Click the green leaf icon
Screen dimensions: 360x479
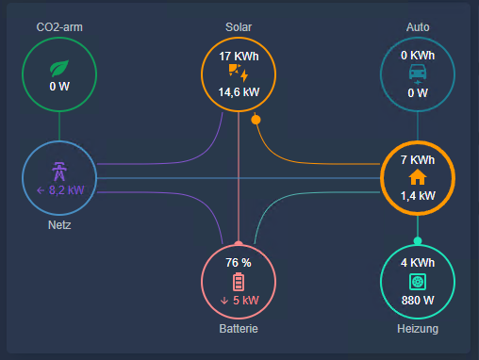(x=59, y=68)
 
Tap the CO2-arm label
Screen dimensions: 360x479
(x=59, y=26)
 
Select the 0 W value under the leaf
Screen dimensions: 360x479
(x=59, y=87)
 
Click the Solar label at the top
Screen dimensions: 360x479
(x=239, y=26)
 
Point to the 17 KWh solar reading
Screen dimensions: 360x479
(x=239, y=57)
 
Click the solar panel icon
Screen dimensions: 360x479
(x=239, y=74)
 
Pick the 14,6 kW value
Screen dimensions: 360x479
(x=239, y=92)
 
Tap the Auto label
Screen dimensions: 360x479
(x=417, y=26)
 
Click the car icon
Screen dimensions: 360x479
(x=418, y=73)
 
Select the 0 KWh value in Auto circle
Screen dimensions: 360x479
(x=418, y=57)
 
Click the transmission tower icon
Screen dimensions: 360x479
(x=59, y=172)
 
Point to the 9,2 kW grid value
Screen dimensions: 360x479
(x=59, y=189)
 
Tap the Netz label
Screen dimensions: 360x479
(x=59, y=226)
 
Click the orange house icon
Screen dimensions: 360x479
(x=418, y=176)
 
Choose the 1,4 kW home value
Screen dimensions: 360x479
(x=418, y=196)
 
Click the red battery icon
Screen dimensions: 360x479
(x=239, y=281)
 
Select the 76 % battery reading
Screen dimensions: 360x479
(x=239, y=263)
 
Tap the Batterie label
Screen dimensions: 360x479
(x=239, y=329)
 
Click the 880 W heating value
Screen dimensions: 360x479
(x=418, y=300)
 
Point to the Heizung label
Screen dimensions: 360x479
(x=418, y=329)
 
